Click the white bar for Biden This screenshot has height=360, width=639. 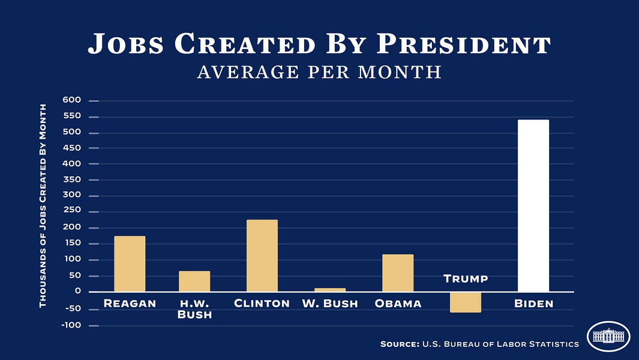533,206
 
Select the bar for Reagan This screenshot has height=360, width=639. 130,264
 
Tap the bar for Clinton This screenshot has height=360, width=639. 262,256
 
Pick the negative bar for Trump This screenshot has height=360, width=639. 465,302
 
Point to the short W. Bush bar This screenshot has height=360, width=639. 330,290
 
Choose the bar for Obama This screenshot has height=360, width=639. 398,273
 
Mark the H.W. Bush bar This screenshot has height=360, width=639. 194,281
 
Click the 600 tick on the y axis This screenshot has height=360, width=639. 71,101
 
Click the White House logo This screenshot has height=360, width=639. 608,336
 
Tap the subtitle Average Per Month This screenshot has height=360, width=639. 319,72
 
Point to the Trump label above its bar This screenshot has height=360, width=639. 466,279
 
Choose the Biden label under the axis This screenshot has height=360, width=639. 533,304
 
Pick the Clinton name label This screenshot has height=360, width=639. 262,304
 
